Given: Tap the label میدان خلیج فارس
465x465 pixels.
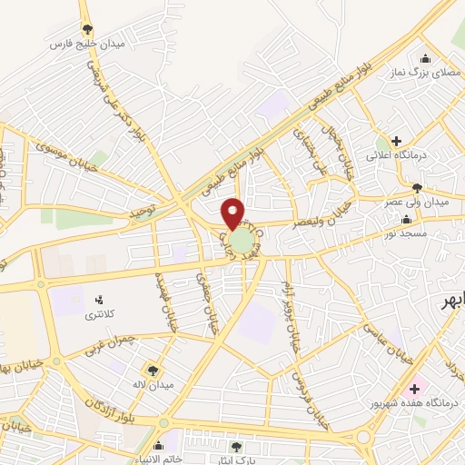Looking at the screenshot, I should pyautogui.click(x=87, y=43).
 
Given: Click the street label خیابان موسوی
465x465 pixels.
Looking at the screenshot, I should pyautogui.click(x=64, y=150).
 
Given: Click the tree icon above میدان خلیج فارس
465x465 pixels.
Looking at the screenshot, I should pyautogui.click(x=87, y=29).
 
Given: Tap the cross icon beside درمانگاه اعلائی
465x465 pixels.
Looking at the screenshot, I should pyautogui.click(x=394, y=141).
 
